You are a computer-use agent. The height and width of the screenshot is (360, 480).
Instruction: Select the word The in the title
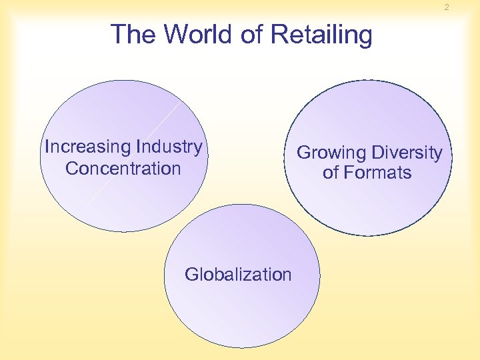[135, 34]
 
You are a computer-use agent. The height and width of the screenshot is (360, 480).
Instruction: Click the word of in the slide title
[253, 34]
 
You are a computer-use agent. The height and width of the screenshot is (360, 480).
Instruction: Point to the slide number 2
[447, 7]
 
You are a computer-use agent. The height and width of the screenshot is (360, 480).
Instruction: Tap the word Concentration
[123, 168]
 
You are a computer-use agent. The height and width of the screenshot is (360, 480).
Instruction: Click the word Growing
[330, 153]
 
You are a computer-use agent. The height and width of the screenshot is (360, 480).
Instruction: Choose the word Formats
[377, 173]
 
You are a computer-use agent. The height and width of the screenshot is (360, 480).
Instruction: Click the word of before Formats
[331, 173]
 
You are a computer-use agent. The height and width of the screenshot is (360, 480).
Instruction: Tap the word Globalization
[238, 274]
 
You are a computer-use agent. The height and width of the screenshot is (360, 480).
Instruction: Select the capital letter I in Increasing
[47, 147]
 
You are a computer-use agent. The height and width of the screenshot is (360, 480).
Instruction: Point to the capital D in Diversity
[376, 153]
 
